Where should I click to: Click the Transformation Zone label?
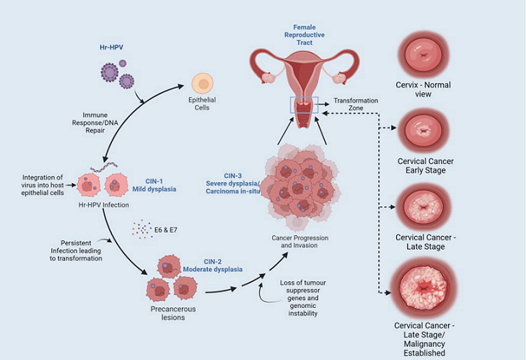(x=356, y=105)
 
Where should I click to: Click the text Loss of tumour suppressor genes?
(x=300, y=289)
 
